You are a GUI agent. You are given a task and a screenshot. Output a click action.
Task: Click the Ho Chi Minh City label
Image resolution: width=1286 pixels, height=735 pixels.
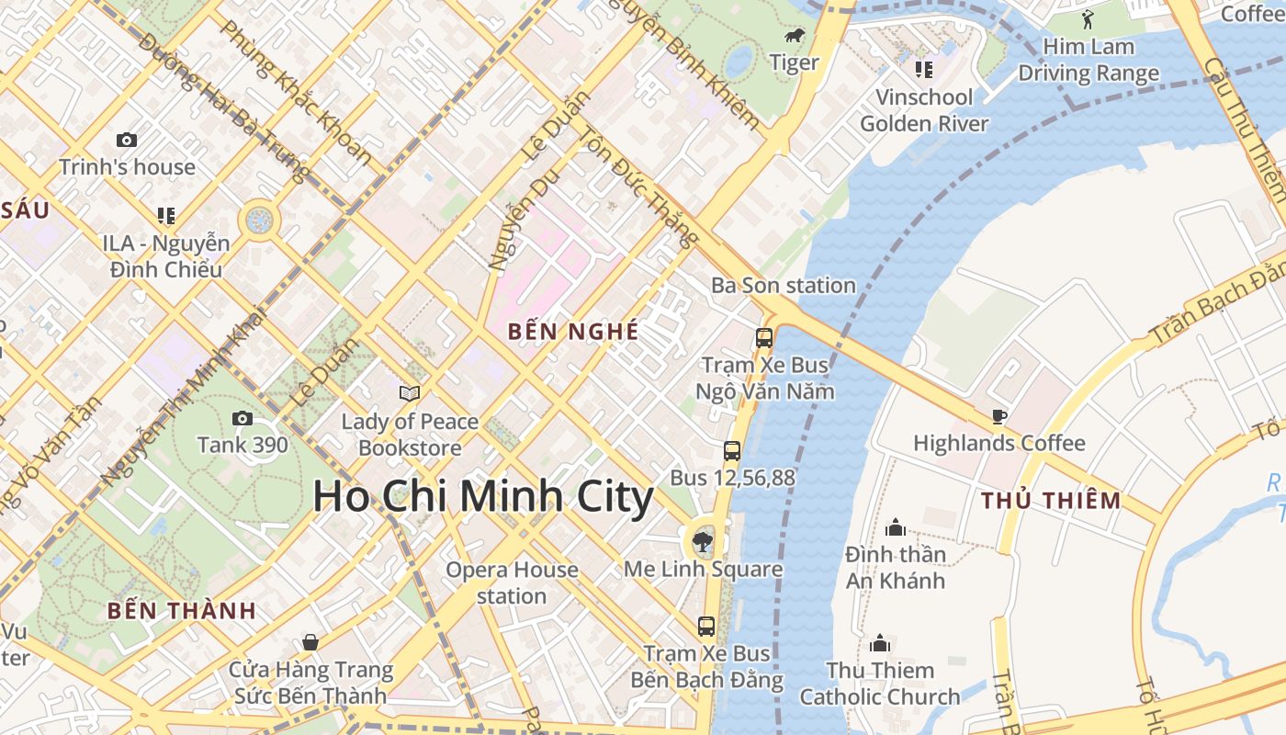483,497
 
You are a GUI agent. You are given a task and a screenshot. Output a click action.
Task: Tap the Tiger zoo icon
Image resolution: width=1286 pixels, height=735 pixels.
795,36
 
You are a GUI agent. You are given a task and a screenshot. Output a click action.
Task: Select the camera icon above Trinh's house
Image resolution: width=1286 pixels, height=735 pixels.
127,141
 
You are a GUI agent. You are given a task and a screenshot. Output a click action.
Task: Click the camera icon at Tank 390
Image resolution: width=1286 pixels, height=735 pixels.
243,419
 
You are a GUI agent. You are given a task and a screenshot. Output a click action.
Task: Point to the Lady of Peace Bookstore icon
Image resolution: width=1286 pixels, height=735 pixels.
410,394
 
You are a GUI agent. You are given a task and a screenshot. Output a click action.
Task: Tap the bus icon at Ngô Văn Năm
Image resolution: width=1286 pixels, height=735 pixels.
764,338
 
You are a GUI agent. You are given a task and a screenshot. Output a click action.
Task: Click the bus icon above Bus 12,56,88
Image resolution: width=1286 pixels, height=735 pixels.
732,451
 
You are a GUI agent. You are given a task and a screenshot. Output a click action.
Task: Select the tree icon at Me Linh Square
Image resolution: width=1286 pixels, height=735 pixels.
704,539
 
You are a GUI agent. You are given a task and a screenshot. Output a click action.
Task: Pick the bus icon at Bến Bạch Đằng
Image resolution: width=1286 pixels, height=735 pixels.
706,627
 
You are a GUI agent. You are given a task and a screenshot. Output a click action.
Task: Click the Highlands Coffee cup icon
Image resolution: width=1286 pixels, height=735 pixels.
999,417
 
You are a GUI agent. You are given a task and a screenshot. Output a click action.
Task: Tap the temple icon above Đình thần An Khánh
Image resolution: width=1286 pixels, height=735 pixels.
896,527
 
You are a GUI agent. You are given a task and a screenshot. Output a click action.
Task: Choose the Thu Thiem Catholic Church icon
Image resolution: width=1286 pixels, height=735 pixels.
880,643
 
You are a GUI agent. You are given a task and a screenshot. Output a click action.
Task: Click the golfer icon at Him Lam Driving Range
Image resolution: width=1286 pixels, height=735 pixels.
1089,19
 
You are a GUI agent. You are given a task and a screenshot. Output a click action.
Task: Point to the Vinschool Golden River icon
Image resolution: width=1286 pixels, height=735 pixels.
924,70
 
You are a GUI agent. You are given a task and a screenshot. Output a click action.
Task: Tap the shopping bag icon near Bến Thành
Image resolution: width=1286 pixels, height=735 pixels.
310,642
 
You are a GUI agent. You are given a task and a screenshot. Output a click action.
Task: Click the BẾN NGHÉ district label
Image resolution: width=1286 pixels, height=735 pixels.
573,332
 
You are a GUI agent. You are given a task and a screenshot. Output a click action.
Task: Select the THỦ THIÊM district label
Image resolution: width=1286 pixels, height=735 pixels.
1051,501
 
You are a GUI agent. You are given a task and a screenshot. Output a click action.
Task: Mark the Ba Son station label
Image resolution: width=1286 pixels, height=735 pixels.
784,286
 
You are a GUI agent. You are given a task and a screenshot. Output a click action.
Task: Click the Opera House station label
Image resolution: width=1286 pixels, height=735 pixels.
512,582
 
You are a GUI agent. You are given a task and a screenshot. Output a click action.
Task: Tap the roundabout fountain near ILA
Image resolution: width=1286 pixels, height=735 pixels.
259,220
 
